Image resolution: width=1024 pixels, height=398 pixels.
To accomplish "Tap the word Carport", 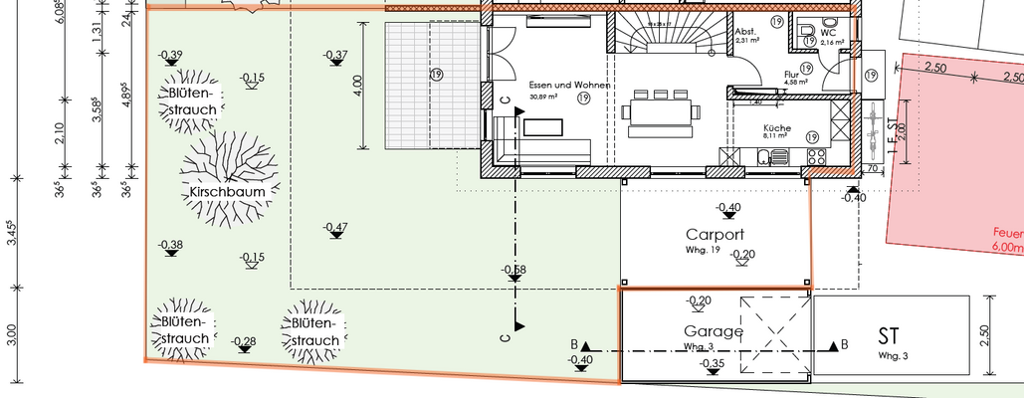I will (x=715, y=236).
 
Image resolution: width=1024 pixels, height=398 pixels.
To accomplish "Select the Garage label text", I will (x=713, y=331).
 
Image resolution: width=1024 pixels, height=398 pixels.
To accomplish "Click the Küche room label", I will (x=777, y=128).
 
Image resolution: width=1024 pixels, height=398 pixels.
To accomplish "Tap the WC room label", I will (x=828, y=32).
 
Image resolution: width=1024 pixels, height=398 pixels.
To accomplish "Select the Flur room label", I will (x=792, y=74).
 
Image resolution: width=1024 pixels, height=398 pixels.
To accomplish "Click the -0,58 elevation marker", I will (x=514, y=270).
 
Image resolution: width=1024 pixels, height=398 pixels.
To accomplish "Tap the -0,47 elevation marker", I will (x=335, y=228).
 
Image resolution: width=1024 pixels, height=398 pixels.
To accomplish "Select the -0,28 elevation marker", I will (x=243, y=342).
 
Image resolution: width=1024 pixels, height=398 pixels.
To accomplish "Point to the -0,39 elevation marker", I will (x=170, y=55).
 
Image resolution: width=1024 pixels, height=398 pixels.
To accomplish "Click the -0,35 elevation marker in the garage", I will (x=712, y=365).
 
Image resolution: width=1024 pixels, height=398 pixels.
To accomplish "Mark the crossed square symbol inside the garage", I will (x=774, y=325).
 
